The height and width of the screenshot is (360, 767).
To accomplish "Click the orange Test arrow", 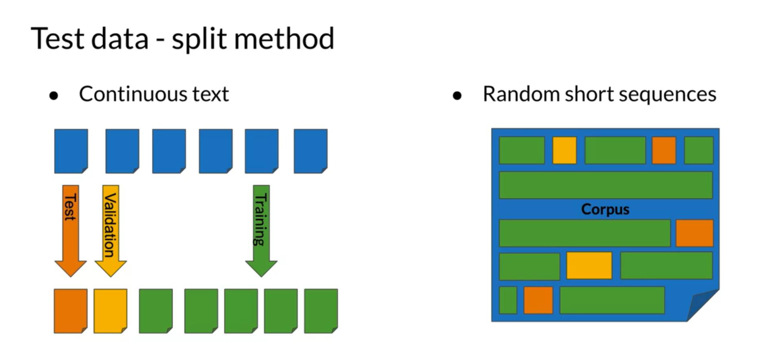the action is (71, 230).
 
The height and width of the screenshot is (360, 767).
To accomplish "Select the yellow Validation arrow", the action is (111, 230).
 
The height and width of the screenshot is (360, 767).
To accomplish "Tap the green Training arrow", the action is (261, 230).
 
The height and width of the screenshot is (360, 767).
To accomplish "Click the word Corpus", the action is (605, 209).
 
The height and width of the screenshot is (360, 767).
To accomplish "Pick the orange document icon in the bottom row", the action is (71, 310).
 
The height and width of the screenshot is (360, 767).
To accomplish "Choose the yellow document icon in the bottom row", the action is (111, 310).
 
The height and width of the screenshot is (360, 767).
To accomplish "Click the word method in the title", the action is (284, 38).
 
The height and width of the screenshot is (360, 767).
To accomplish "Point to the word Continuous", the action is (133, 94).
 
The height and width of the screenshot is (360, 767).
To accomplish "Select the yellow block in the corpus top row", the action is (564, 150).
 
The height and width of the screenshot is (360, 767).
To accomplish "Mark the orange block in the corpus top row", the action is (664, 150).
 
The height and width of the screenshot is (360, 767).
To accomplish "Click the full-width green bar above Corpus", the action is (606, 185).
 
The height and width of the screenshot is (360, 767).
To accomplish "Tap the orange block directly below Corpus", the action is (694, 233).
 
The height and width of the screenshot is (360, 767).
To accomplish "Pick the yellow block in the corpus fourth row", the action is (589, 266).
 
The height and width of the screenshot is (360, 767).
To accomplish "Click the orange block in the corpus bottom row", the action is (538, 300).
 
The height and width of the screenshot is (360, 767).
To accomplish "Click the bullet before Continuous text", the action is (53, 95).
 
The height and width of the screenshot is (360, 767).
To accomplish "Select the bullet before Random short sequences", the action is (457, 95).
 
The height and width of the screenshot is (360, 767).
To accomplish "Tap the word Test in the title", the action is (58, 38).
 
